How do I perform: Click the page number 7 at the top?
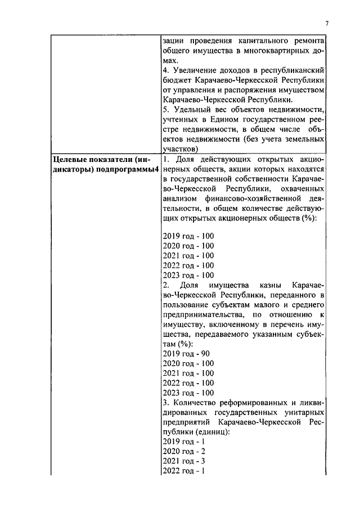[326, 23]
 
